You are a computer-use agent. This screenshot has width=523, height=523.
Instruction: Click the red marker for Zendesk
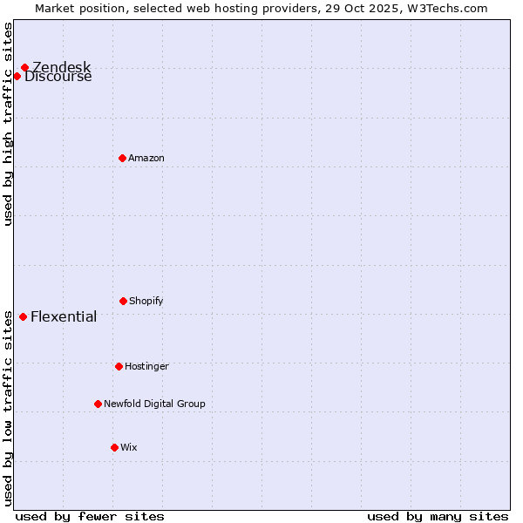point(24,68)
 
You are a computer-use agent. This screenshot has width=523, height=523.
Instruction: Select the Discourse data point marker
point(17,76)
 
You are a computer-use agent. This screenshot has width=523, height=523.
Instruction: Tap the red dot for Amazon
point(122,158)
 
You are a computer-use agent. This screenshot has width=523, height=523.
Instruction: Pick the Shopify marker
point(123,301)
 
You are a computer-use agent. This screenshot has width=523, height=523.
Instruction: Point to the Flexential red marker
point(23,316)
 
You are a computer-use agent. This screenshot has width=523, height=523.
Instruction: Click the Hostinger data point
point(119,366)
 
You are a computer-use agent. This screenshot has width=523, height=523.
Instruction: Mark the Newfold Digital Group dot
point(98,404)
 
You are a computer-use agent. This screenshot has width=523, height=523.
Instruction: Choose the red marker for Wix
point(114,447)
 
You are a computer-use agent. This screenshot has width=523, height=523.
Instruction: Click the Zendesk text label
point(61,68)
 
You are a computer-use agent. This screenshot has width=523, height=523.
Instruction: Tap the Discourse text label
point(58,77)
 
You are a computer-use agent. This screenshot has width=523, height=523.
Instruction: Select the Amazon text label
point(146,158)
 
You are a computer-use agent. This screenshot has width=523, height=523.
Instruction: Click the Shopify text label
point(146,301)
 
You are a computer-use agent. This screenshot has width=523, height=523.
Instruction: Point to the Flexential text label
point(64,316)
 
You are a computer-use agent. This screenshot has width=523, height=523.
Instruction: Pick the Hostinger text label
point(146,366)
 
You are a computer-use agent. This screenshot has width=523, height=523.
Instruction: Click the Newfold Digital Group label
point(154,404)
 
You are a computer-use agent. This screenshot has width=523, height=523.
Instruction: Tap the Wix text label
point(129,447)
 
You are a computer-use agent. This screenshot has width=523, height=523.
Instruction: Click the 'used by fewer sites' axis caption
point(90,516)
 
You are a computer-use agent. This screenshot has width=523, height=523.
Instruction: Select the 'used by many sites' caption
point(438,516)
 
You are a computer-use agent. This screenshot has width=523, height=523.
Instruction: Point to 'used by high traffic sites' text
point(8,123)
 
